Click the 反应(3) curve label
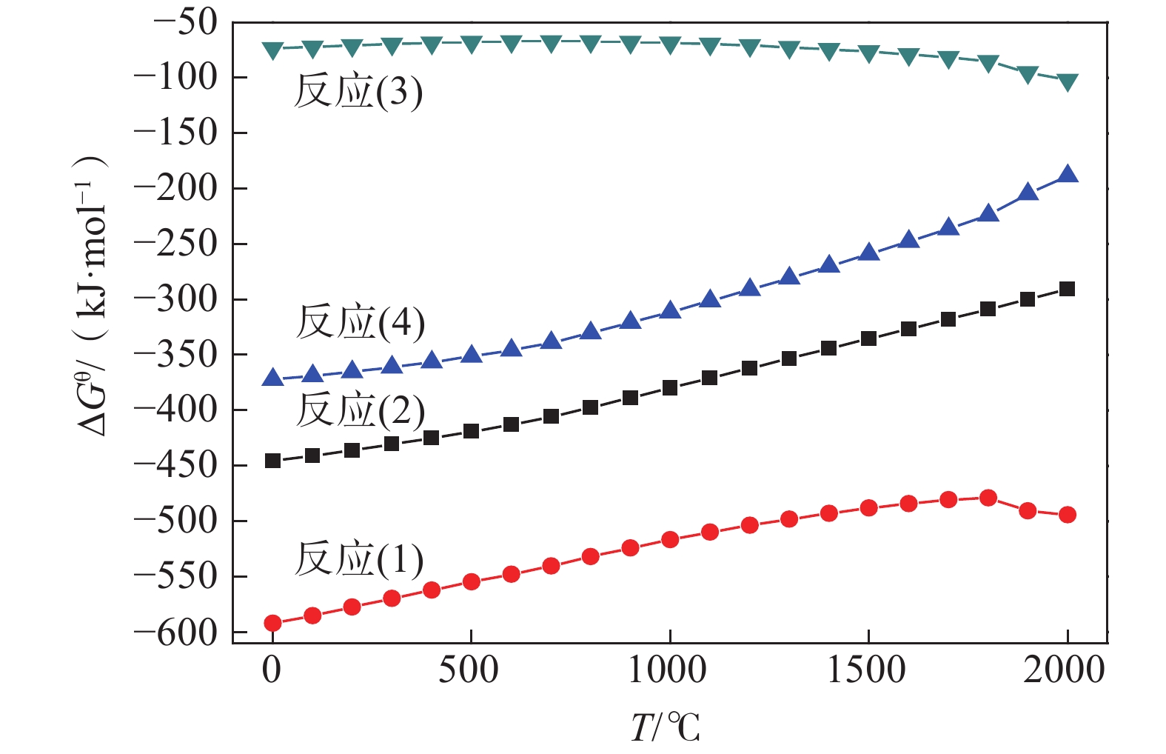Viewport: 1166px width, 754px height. point(358,92)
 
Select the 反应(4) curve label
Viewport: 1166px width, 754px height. point(360,322)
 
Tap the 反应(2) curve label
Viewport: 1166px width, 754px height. point(360,410)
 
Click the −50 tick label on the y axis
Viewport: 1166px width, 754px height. point(185,22)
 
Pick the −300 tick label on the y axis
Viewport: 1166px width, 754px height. point(175,299)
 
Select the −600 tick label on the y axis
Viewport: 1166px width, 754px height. point(175,633)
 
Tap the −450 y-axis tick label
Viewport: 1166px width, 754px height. point(175,465)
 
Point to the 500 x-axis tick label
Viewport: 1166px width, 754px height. point(469,670)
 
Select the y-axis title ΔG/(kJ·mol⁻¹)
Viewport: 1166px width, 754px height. point(93,296)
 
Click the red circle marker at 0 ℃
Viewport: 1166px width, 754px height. point(272,623)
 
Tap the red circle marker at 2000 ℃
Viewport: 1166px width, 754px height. point(1067,515)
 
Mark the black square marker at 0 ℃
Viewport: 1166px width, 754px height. point(272,461)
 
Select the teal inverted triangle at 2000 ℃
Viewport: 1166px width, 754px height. point(1067,81)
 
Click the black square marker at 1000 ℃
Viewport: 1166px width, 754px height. point(670,387)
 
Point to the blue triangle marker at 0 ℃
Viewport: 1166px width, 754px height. point(272,378)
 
